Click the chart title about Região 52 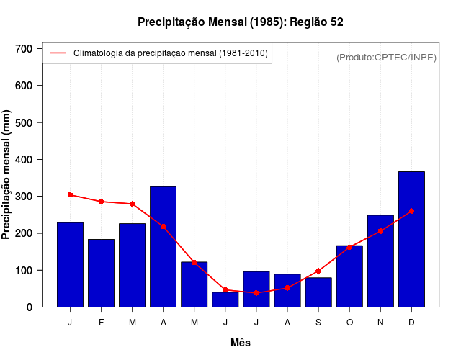click(241, 22)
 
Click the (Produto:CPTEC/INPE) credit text click(387, 57)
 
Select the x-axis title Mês click(241, 343)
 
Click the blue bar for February click(101, 273)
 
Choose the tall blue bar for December click(411, 239)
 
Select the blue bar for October click(349, 276)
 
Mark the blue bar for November click(380, 261)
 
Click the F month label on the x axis click(101, 323)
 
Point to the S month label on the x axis click(318, 323)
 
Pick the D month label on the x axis click(411, 323)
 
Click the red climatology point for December click(411, 212)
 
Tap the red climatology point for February click(101, 202)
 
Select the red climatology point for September click(318, 271)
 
